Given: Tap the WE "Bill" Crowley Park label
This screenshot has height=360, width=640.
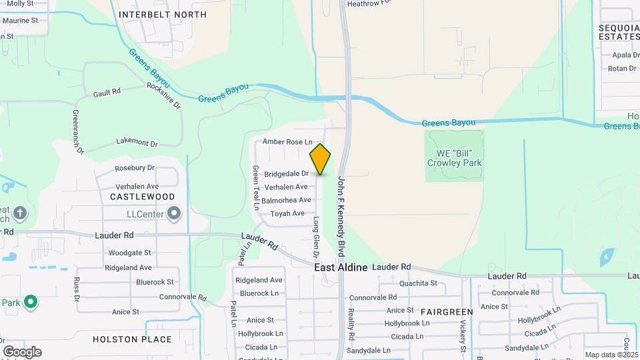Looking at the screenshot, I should tap(455, 158).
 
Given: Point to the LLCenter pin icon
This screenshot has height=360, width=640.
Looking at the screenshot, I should tap(175, 214).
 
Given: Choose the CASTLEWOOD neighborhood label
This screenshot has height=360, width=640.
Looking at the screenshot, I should tap(142, 197).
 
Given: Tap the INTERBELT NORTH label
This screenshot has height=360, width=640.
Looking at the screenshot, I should tap(163, 15).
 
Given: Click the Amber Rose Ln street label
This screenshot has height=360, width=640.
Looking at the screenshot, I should tap(287, 141).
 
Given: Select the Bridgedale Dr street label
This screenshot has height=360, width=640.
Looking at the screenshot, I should tap(287, 174).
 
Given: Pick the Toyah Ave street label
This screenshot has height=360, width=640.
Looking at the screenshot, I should tap(287, 213).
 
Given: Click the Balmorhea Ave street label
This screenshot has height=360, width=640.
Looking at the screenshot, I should tap(287, 200).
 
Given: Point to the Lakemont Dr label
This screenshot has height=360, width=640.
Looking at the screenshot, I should tap(137, 143).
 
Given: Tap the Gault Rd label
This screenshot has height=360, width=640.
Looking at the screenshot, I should tap(107, 92).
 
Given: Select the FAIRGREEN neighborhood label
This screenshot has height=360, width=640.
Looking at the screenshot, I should tap(447, 311).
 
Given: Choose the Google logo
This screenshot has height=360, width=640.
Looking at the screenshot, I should tap(22, 351).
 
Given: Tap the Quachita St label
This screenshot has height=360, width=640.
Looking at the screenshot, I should tap(418, 283).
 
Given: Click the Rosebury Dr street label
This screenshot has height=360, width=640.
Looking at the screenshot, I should tap(135, 168).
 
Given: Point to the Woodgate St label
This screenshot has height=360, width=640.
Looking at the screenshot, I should tap(130, 253).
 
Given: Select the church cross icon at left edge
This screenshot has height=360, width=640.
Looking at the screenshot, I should tap(20, 213).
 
